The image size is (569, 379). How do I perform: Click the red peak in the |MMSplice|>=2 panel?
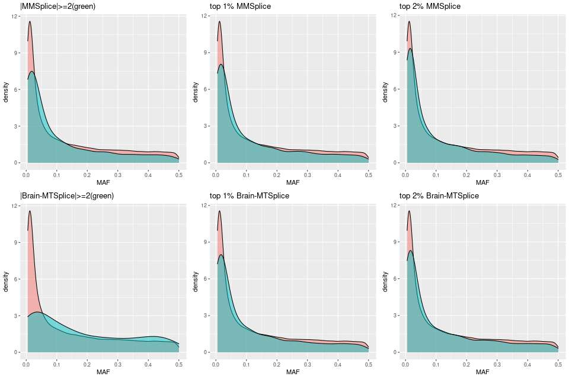coord(30,22)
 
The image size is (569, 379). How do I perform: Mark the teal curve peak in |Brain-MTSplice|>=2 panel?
coord(37,311)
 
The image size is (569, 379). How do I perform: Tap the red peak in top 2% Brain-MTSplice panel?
coord(409,211)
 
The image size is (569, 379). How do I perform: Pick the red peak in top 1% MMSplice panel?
coord(219,22)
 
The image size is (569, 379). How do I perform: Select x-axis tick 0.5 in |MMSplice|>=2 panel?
coord(178,175)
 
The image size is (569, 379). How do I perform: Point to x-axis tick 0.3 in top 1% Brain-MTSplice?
coord(307,365)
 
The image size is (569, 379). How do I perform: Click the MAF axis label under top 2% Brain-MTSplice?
coord(482,372)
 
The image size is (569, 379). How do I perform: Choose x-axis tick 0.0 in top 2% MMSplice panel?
coord(405,175)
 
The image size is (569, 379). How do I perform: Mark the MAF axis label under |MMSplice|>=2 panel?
coord(103,182)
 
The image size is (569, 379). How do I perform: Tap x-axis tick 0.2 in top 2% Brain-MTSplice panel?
coord(466,365)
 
